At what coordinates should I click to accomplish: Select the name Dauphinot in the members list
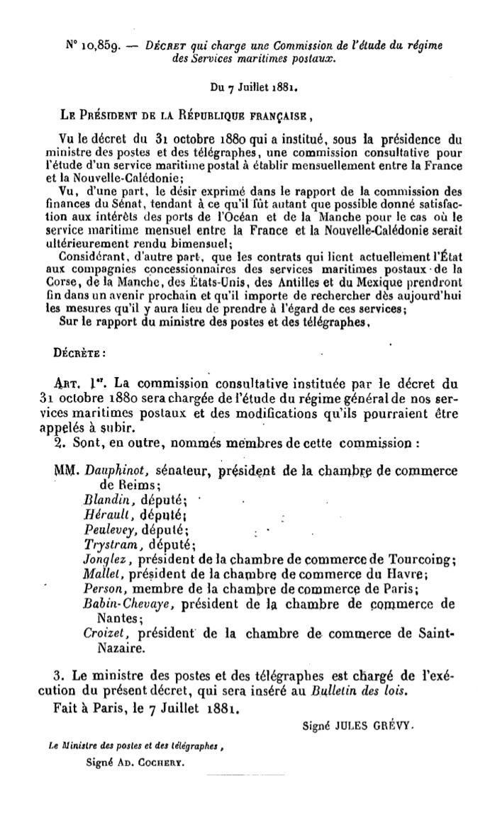click(x=114, y=471)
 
